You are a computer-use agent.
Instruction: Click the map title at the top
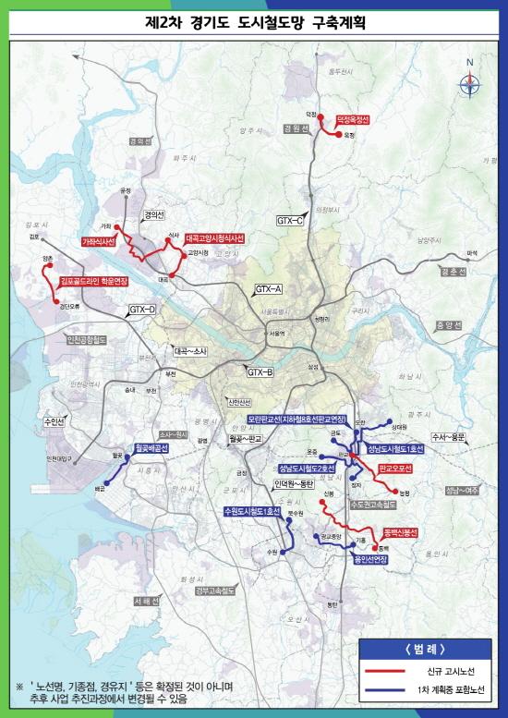click(255, 19)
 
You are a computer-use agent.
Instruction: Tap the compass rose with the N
click(469, 81)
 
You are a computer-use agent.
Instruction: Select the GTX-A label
click(269, 290)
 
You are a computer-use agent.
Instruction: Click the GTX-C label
click(290, 221)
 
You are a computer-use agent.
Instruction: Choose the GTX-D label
click(143, 308)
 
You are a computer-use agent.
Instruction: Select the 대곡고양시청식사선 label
click(214, 237)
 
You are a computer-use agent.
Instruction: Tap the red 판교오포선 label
click(395, 469)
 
